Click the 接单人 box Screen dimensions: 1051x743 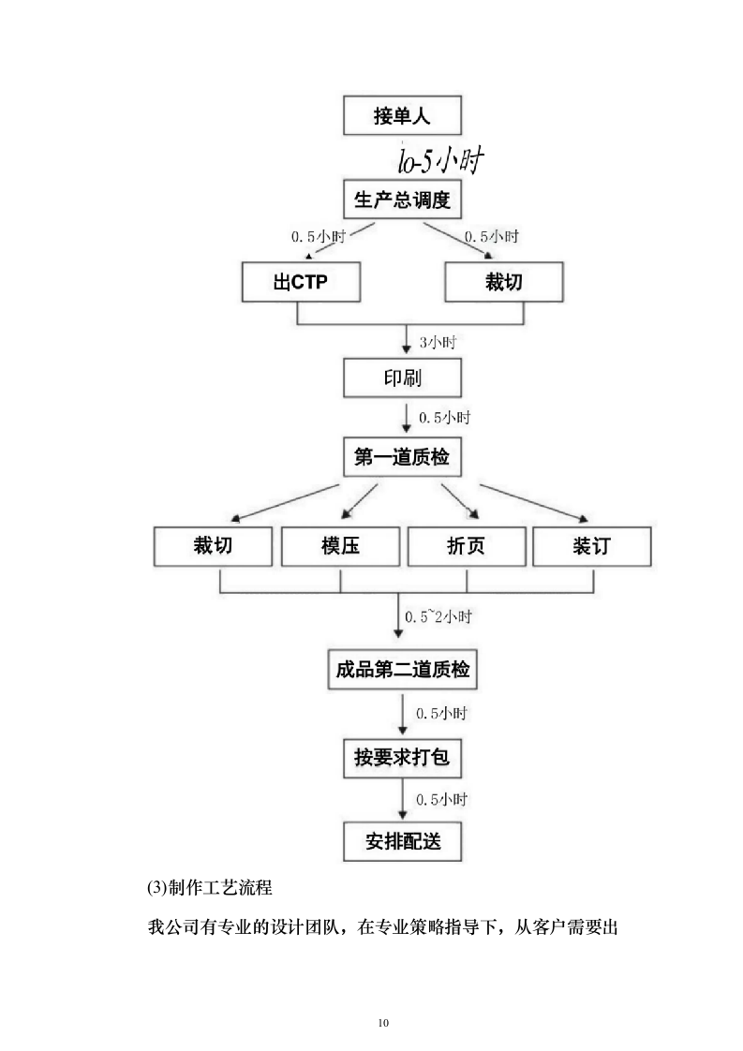tap(403, 117)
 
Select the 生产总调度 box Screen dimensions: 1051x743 tap(403, 200)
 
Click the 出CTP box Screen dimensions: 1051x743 tap(301, 282)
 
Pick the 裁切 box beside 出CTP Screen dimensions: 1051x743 tap(504, 282)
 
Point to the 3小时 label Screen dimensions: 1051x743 tap(437, 343)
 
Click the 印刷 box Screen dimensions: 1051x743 tap(403, 379)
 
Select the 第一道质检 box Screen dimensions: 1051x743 tap(403, 458)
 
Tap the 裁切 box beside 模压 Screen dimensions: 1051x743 tap(213, 546)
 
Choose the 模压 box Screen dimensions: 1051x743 tap(340, 546)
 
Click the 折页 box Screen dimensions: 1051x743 tap(467, 546)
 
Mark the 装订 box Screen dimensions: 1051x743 tap(593, 546)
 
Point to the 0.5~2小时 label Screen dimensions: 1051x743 tap(438, 617)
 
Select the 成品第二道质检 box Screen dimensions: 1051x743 tap(403, 671)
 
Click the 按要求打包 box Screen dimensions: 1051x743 tap(403, 757)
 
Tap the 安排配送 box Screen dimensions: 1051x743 tap(403, 842)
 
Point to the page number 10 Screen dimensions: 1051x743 tap(382, 1022)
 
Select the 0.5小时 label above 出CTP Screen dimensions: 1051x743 tap(318, 237)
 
